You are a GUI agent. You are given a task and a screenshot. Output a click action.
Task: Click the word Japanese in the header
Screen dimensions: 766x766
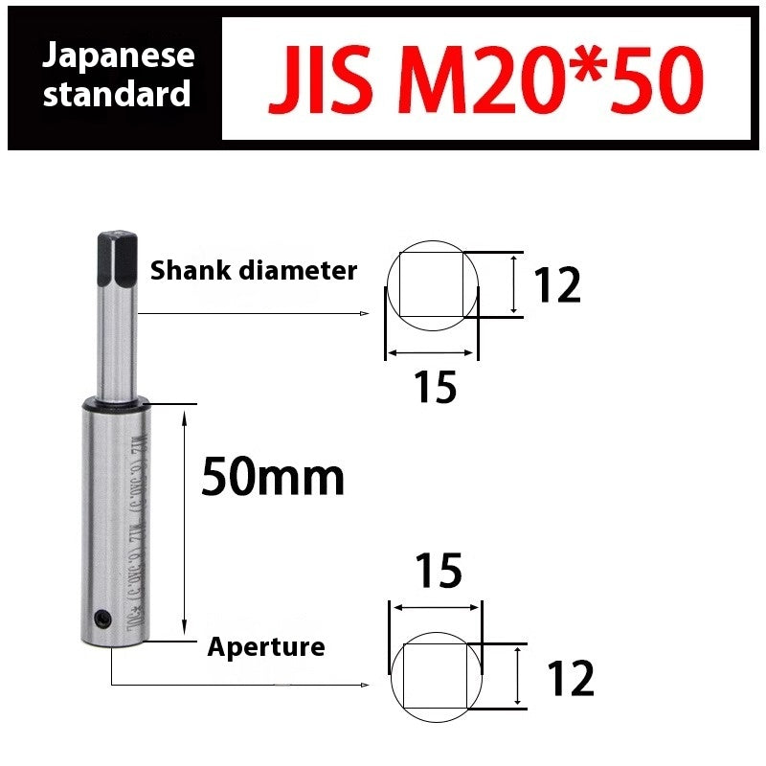point(119,56)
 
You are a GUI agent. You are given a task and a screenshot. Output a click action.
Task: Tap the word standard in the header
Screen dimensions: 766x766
point(119,95)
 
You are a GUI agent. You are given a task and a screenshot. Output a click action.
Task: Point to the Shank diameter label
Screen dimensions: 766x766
point(253,271)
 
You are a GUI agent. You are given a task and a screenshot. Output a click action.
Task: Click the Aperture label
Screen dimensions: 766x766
point(266,647)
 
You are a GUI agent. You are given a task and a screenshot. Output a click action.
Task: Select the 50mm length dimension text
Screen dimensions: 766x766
point(272,477)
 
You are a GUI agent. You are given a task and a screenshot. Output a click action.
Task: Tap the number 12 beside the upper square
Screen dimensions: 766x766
point(556,285)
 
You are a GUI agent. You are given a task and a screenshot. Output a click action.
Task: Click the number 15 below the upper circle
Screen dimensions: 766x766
point(435,388)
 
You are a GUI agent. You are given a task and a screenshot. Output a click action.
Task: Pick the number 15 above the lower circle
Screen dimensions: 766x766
point(439,571)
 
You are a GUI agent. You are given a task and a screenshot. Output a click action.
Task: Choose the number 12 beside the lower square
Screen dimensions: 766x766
point(570,679)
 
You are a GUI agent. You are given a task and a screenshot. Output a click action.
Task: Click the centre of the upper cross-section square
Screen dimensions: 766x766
point(431,284)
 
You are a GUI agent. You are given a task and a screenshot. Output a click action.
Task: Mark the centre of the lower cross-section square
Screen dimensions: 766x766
point(436,676)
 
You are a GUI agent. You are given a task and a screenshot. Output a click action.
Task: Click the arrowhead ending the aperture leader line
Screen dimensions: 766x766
point(366,685)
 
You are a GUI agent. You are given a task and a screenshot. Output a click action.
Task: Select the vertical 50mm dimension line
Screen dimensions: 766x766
point(184,521)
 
